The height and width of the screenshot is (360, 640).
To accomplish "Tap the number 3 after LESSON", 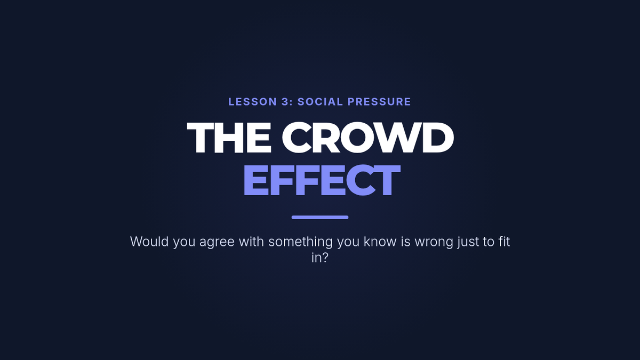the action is [x=285, y=102].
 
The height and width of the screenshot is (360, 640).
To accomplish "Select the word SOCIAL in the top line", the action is [x=320, y=102].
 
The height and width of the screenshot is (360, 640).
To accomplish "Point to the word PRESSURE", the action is [x=379, y=102].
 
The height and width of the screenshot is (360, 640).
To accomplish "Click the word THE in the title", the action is [x=229, y=138].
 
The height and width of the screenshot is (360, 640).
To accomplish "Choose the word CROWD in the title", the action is [x=368, y=138].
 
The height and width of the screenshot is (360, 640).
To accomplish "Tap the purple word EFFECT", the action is [x=322, y=180].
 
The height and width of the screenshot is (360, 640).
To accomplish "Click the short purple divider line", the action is [x=320, y=217].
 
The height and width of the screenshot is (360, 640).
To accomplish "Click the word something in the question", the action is [x=301, y=242].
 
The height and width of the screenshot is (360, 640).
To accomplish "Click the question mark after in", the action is [x=325, y=258].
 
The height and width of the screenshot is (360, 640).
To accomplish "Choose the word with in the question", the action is [x=251, y=242].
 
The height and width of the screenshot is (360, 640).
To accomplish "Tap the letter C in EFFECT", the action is [x=362, y=180].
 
